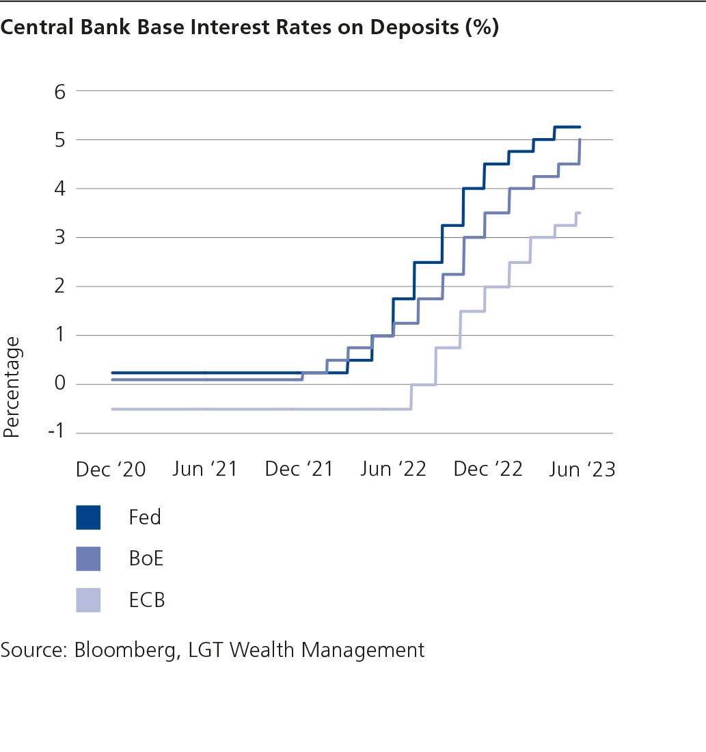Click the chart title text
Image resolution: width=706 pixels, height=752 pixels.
249,28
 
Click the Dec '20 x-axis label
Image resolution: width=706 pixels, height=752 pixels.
111,470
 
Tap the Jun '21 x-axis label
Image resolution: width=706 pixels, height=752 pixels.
204,470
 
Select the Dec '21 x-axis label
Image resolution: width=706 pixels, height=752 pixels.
299,470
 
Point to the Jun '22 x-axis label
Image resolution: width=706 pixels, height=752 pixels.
393,470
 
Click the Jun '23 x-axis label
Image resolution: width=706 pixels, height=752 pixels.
582,470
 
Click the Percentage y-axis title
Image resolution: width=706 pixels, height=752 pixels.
12,386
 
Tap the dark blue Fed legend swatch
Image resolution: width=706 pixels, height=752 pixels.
88,518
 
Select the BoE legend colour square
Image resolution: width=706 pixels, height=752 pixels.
88,559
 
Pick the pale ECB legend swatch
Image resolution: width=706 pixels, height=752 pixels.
88,600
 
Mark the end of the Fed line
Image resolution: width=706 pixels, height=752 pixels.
580,127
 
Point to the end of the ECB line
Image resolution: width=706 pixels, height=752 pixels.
580,213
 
